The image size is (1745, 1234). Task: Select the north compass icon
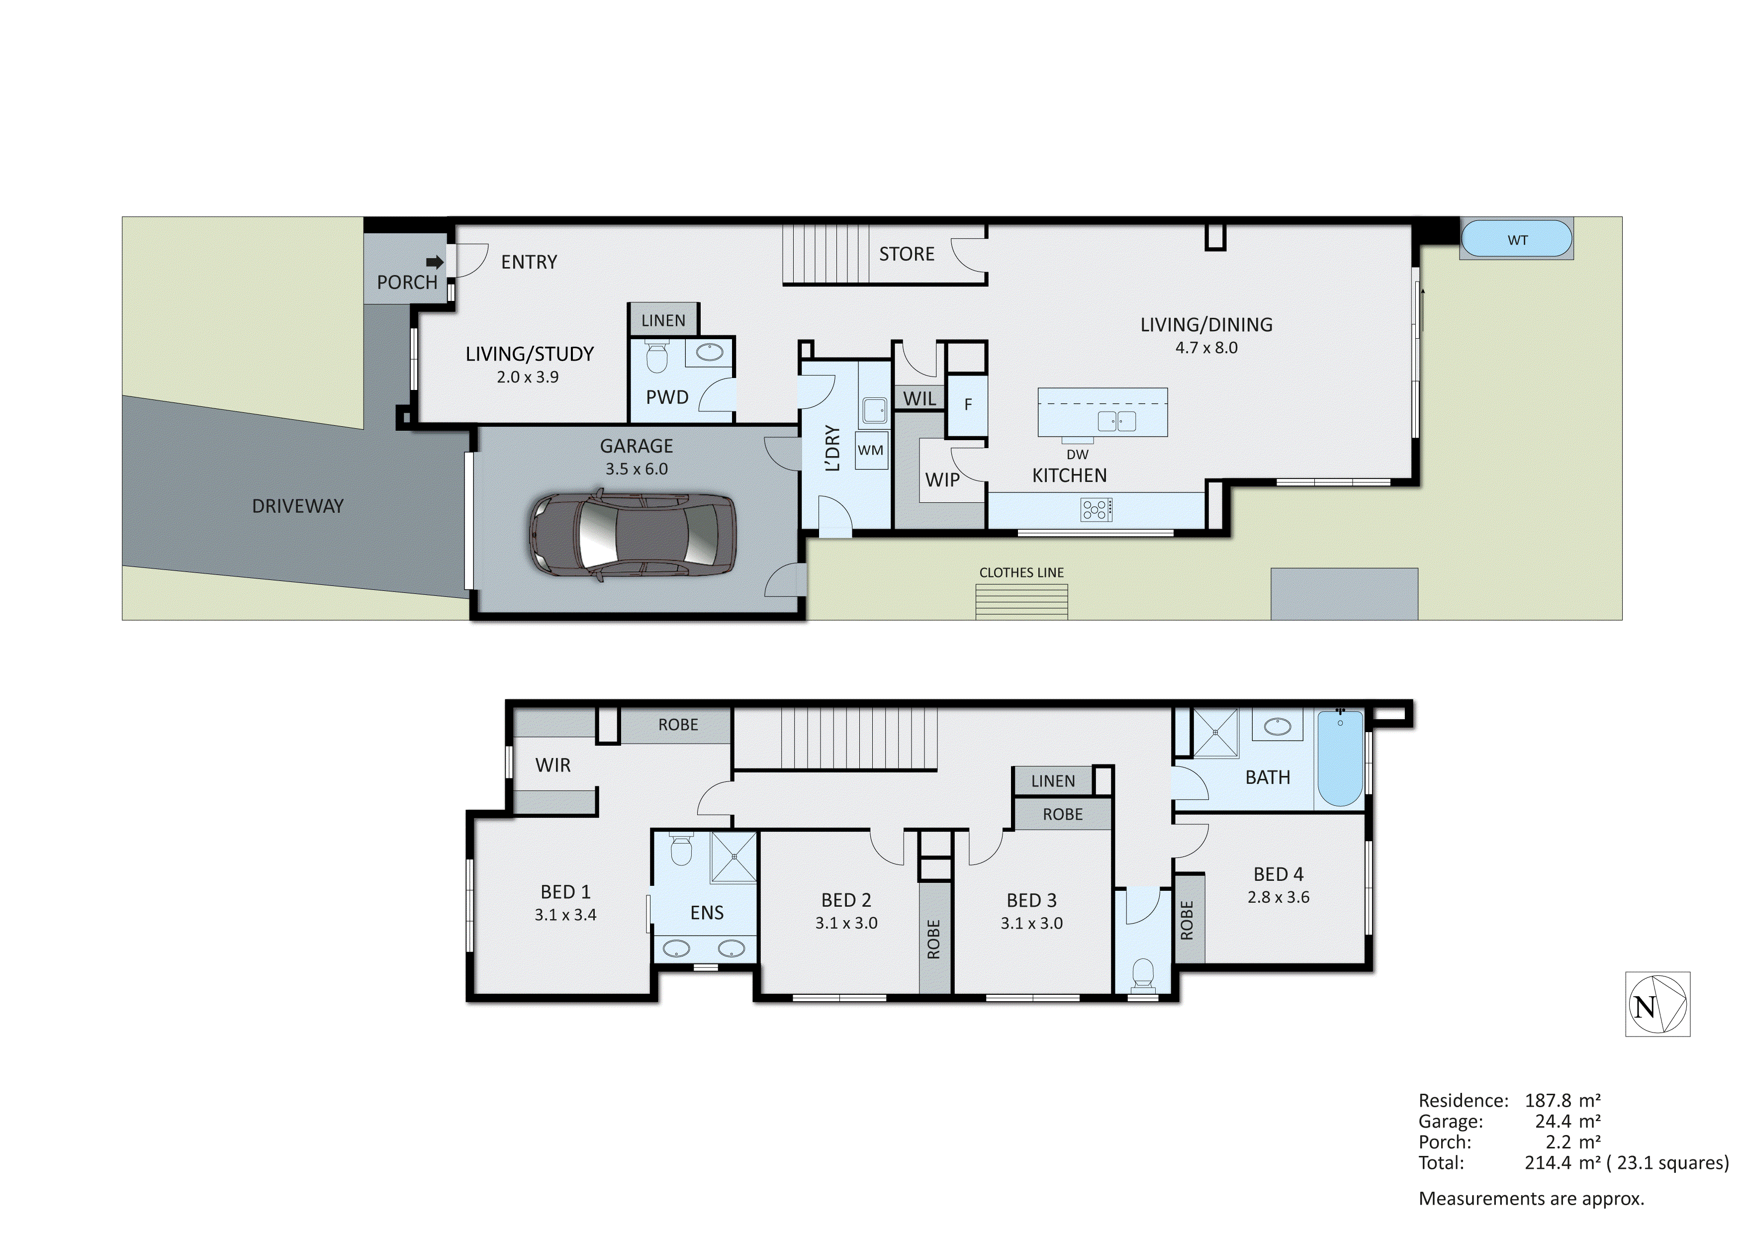point(1657,1004)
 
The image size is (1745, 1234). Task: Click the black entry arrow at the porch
point(435,262)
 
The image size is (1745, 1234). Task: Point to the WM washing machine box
point(871,450)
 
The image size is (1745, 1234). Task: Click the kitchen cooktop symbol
point(1096,509)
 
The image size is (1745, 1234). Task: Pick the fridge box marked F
point(968,404)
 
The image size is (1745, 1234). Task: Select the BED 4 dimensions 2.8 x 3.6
point(1279,897)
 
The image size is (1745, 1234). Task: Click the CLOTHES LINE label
point(1021,572)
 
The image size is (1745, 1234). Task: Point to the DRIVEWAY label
point(297,506)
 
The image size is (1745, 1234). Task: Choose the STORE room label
point(906,254)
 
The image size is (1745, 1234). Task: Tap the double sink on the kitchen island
point(1116,420)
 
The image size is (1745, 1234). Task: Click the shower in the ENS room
point(734,857)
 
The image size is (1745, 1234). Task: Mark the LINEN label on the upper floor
point(1053,781)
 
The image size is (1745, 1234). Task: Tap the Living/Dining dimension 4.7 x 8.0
point(1206,348)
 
